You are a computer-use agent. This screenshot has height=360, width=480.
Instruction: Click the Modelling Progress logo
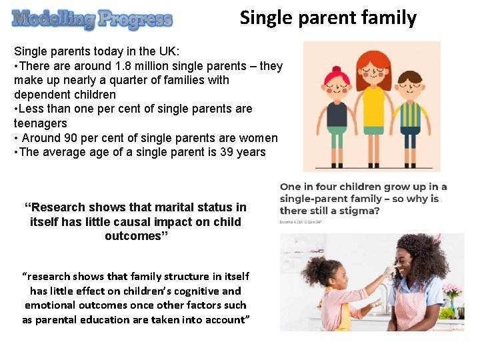click(92, 19)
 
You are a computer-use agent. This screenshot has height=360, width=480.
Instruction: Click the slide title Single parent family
click(328, 17)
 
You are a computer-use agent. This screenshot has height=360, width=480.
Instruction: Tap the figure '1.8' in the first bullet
click(129, 66)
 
